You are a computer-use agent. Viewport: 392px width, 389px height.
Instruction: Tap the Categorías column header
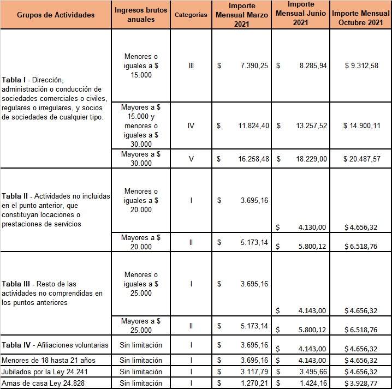click(x=191, y=15)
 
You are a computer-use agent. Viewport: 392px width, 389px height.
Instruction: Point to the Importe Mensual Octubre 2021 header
click(x=361, y=15)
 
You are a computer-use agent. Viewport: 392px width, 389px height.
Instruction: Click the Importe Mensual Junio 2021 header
click(x=300, y=15)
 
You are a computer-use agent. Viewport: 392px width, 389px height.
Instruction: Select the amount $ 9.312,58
click(x=361, y=65)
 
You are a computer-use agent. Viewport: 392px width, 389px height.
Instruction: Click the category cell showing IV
click(x=191, y=125)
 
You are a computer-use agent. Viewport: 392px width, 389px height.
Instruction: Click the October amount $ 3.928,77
click(x=361, y=382)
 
